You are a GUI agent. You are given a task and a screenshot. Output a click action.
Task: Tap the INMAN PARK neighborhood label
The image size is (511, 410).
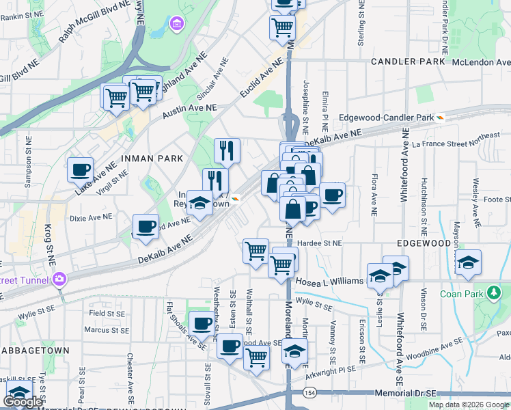pyautogui.click(x=152, y=159)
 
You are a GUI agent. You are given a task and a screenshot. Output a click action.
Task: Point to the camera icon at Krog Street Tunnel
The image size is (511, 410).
pyautogui.click(x=60, y=279)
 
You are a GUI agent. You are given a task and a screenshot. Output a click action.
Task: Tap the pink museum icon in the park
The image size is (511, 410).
pyautogui.click(x=177, y=25)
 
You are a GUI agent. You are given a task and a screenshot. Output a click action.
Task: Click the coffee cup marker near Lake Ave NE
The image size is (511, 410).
pyautogui.click(x=80, y=169)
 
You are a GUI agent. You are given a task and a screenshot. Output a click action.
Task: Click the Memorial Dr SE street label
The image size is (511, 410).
pyautogui.click(x=405, y=394)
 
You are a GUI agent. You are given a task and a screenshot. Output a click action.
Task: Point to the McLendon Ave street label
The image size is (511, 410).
pyautogui.click(x=478, y=61)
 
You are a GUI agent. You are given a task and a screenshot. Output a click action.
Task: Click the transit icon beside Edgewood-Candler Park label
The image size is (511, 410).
pyautogui.click(x=441, y=118)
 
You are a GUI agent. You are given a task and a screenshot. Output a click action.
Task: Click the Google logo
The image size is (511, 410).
pyautogui.click(x=23, y=402)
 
